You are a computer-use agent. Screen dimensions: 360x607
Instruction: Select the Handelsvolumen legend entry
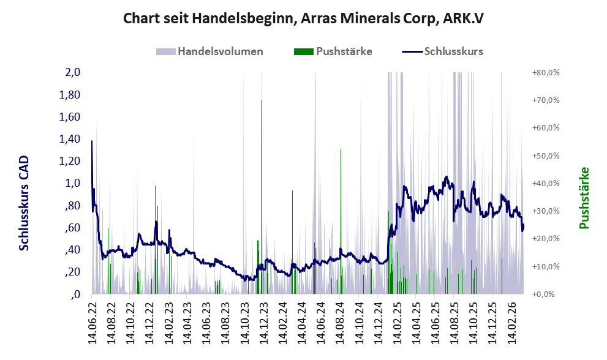[x=220, y=51]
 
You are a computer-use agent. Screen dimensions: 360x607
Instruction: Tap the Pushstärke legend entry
[x=344, y=51]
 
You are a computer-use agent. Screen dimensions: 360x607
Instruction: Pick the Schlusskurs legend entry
[x=453, y=51]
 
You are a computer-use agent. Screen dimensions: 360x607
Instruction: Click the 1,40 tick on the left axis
[x=70, y=139]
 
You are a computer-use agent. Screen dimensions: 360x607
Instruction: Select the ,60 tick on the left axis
[x=72, y=228]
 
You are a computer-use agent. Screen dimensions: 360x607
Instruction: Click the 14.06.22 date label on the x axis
[x=93, y=321]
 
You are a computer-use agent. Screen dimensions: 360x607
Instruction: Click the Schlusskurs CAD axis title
[x=25, y=202]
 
